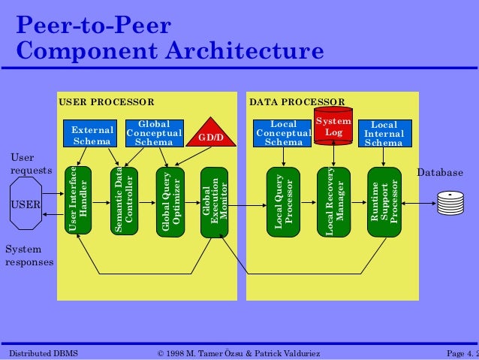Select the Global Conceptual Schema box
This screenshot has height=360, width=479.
[x=153, y=133]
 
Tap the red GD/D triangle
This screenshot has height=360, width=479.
[x=211, y=134]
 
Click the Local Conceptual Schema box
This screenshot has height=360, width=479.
[x=283, y=133]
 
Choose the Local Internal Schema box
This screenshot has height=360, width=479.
[x=384, y=133]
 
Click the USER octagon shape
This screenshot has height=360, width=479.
[x=25, y=204]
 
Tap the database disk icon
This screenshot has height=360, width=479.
[x=450, y=202]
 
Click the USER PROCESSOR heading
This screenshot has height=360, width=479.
[x=106, y=101]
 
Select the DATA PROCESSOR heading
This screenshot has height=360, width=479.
[x=297, y=101]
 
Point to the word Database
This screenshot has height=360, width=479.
[x=440, y=173]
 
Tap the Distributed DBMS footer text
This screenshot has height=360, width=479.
[x=43, y=352]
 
